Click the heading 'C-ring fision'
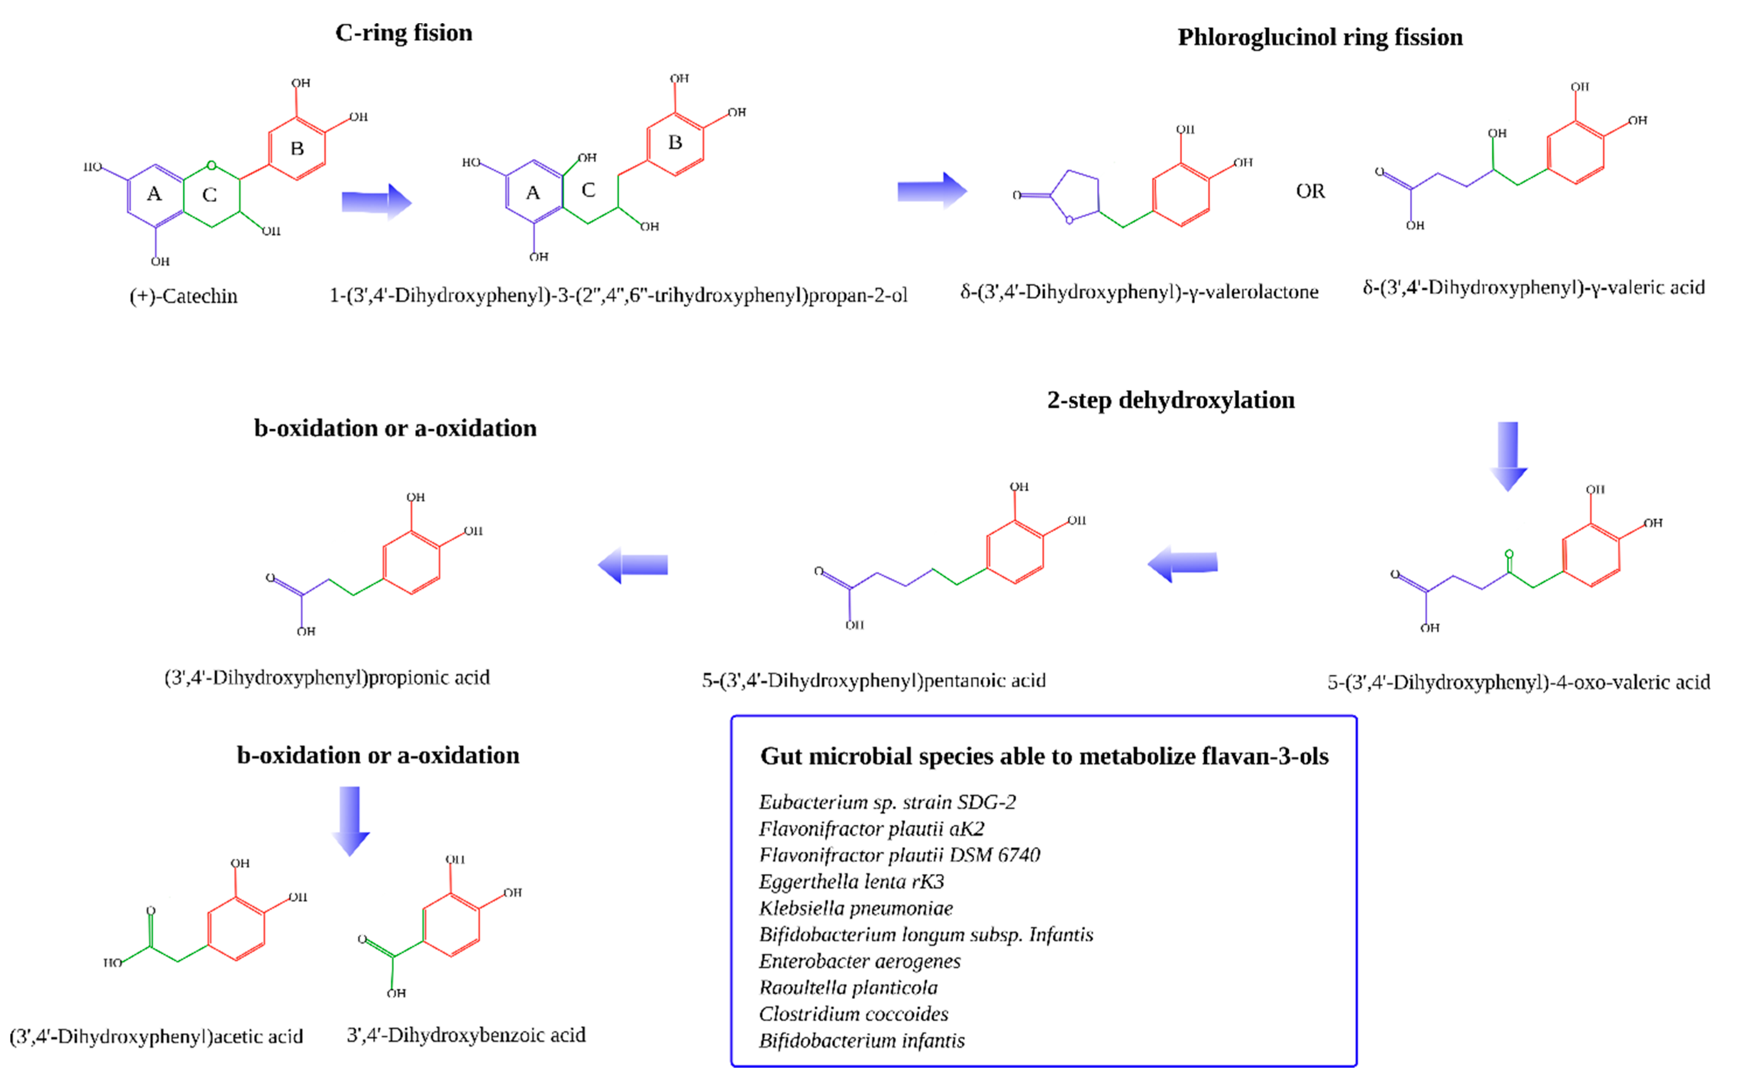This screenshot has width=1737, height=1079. [404, 33]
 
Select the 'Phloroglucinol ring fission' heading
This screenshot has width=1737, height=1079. [1320, 37]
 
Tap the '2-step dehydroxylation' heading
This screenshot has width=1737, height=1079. [1170, 401]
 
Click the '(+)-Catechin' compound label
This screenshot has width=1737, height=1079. [183, 296]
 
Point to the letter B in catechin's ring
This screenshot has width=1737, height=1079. [297, 149]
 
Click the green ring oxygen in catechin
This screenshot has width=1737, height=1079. [211, 166]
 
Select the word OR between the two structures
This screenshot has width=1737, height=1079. [1311, 191]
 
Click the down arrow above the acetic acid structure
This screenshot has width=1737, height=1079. [350, 821]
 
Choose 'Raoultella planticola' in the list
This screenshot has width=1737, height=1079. [848, 988]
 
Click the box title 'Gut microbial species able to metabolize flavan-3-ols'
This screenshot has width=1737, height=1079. [1044, 756]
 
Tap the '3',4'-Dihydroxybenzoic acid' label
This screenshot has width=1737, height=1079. [466, 1035]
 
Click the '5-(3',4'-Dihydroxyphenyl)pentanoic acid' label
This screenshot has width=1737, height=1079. [874, 681]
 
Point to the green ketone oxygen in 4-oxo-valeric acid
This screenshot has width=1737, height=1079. [1509, 554]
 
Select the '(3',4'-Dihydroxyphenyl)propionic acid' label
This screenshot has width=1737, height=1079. [328, 677]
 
